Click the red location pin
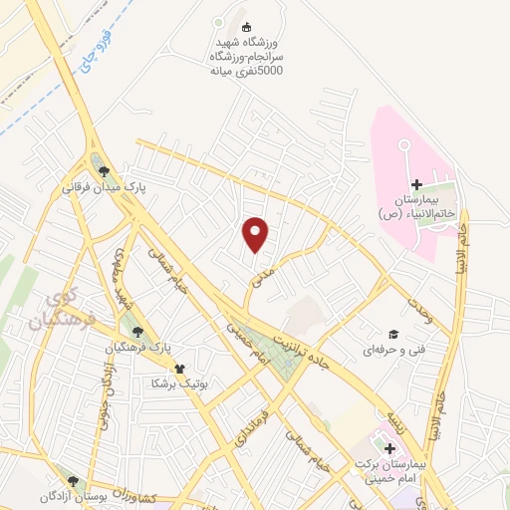point(256,233)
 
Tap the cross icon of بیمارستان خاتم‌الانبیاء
point(416,184)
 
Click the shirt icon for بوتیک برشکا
point(179,368)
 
